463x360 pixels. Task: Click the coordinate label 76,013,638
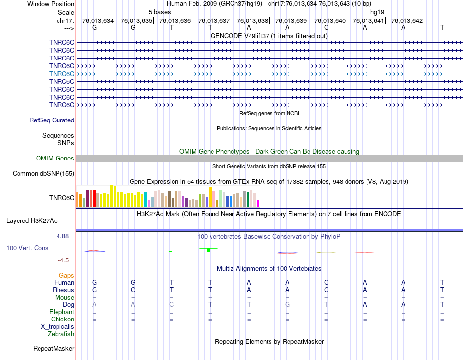pyautogui.click(x=252, y=20)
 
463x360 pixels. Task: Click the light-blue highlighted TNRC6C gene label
pyautogui.click(x=61, y=74)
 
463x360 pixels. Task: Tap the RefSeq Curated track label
pyautogui.click(x=52, y=120)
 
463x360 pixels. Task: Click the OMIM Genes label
pyautogui.click(x=55, y=158)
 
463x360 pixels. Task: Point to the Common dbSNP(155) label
pyautogui.click(x=43, y=173)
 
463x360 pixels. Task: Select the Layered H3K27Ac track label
pyautogui.click(x=40, y=220)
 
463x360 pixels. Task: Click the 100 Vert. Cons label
pyautogui.click(x=27, y=248)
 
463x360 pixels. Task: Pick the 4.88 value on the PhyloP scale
pyautogui.click(x=64, y=236)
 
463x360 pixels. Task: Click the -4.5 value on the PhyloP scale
pyautogui.click(x=65, y=260)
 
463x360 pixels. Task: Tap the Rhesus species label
pyautogui.click(x=63, y=290)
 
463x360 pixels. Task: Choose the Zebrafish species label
pyautogui.click(x=61, y=334)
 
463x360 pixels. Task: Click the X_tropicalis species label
pyautogui.click(x=58, y=327)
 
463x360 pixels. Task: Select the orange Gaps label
pyautogui.click(x=66, y=275)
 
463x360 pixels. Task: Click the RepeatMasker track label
pyautogui.click(x=54, y=349)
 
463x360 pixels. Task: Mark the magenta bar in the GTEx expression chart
pyautogui.click(x=258, y=203)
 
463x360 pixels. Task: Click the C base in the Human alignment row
pyautogui.click(x=326, y=282)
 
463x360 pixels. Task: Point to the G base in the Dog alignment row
pyautogui.click(x=288, y=304)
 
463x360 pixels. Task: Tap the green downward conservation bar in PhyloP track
pyautogui.click(x=209, y=250)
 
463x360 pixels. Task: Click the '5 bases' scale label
pyautogui.click(x=159, y=12)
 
